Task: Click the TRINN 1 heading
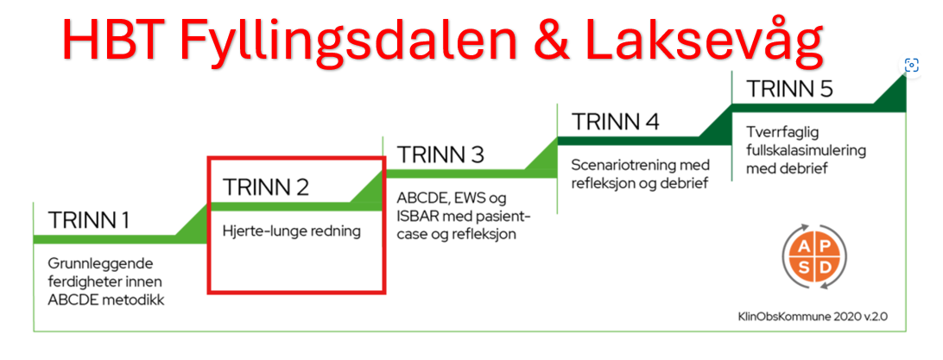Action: tap(88, 220)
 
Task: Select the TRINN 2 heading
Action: tap(265, 187)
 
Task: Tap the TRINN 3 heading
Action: tap(440, 155)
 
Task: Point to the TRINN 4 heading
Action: tap(615, 122)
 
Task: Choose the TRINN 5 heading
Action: tap(789, 89)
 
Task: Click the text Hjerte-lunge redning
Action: tap(292, 231)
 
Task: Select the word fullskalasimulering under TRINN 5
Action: tap(806, 150)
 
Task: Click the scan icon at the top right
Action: tap(912, 65)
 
